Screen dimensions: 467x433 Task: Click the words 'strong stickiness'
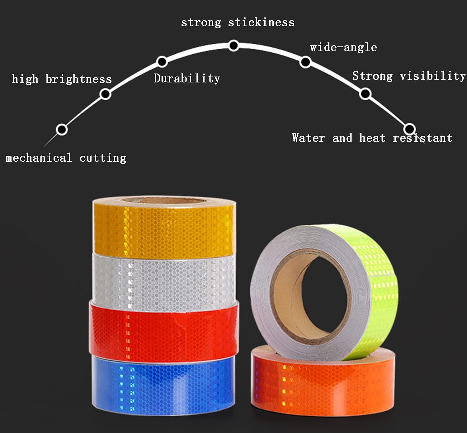(238, 23)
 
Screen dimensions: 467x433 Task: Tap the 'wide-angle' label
(343, 48)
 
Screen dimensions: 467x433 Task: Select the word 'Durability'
(187, 78)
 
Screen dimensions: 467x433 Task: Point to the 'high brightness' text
(62, 79)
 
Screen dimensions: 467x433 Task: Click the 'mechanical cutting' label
(66, 158)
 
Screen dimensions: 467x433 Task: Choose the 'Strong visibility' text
(409, 76)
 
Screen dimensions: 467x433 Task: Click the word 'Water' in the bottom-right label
(309, 138)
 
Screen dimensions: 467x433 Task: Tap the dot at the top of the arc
(234, 45)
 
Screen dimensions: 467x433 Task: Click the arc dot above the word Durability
(162, 62)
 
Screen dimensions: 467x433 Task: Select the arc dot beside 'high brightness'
(105, 94)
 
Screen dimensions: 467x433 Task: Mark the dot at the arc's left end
(62, 129)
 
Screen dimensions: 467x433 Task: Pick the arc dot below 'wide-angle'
(305, 62)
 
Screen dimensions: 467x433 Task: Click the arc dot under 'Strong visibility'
(365, 94)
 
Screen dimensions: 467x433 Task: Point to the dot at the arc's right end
(409, 129)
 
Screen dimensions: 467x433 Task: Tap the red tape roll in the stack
(164, 333)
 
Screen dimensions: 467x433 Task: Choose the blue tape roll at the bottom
(163, 385)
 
